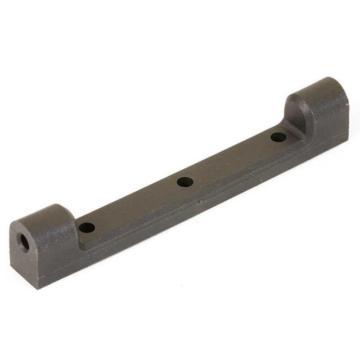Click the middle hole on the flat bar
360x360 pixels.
(x=185, y=182)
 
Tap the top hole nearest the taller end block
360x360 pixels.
(x=279, y=137)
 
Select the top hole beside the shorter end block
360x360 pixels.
(x=87, y=227)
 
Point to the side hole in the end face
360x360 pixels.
(x=24, y=243)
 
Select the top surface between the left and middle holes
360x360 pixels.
(x=135, y=205)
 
